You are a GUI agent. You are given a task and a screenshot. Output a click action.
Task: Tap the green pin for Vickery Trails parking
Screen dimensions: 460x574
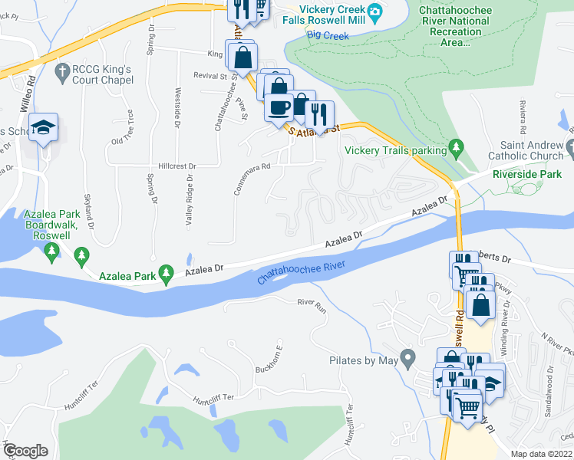(457, 146)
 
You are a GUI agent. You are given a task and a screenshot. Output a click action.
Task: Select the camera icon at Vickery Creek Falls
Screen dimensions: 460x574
(374, 11)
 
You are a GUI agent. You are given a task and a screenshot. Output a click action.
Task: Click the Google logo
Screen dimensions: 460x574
(25, 451)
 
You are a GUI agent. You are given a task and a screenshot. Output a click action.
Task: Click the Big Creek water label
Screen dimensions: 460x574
(323, 34)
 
